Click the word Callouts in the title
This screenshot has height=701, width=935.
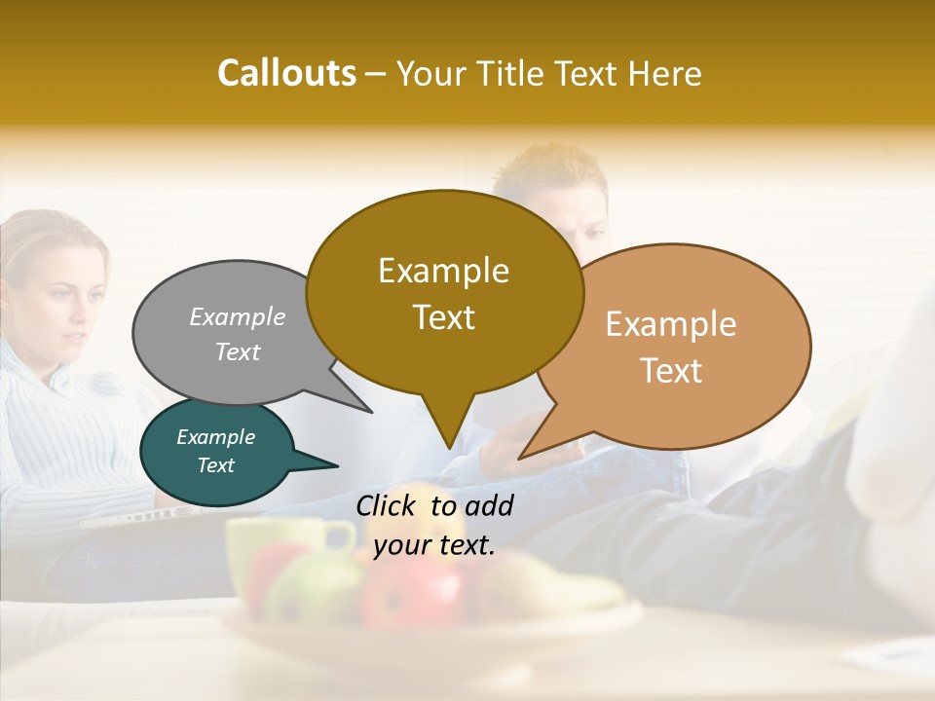286,73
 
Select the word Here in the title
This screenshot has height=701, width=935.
665,73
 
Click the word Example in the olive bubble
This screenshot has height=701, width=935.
443,271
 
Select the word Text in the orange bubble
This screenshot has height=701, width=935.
671,371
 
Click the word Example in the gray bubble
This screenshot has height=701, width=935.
238,317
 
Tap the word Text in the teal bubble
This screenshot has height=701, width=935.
216,465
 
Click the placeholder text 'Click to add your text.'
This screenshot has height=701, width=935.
433,525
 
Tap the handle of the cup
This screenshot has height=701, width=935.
340,535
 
